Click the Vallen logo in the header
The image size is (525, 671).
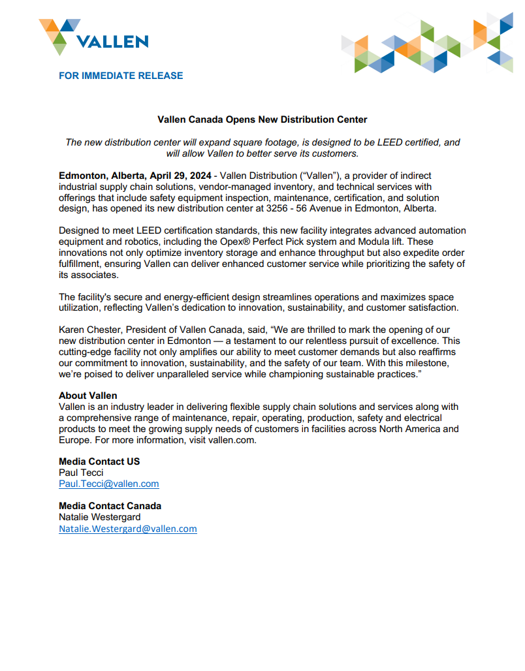point(93,37)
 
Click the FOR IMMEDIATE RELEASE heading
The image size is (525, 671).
point(121,76)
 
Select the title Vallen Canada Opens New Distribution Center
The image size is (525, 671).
point(262,119)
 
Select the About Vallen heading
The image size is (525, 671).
point(88,396)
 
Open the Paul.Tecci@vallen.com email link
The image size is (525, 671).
point(108,484)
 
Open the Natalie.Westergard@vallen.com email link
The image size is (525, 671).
point(127,529)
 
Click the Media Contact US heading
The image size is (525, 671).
point(99,461)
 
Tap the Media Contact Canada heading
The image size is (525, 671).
point(110,506)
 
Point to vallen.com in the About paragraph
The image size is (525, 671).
point(231,439)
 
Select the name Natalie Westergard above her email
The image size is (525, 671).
point(99,517)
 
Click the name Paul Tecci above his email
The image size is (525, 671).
point(81,473)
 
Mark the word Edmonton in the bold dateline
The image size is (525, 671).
point(83,176)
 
